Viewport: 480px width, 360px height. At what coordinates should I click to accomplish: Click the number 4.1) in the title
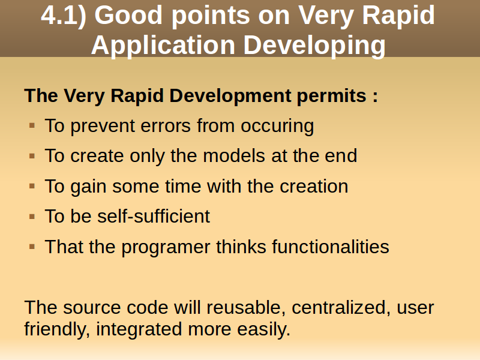point(64,16)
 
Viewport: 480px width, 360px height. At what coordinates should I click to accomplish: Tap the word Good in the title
point(128,16)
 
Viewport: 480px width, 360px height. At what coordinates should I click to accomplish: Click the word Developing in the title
point(314,46)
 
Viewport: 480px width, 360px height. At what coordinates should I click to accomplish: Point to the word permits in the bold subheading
point(332,96)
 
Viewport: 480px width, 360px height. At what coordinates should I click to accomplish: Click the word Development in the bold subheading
point(230,95)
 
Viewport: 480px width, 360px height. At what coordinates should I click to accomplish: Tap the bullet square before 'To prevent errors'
point(32,125)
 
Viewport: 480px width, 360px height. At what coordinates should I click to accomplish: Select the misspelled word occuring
point(277,127)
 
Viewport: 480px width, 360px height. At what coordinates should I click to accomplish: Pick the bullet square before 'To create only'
point(32,156)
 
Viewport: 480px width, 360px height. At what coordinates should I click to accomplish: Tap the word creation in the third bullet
point(314,186)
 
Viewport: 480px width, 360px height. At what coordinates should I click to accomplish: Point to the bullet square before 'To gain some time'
point(32,186)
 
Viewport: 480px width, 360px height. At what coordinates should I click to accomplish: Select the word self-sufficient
point(154,216)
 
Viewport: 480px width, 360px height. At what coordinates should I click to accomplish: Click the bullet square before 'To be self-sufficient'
point(32,217)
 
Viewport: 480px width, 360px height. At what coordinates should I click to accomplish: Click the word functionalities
point(331,247)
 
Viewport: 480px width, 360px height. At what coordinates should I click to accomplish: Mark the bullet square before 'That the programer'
point(32,247)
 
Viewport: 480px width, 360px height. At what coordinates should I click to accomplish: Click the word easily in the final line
point(263,329)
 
